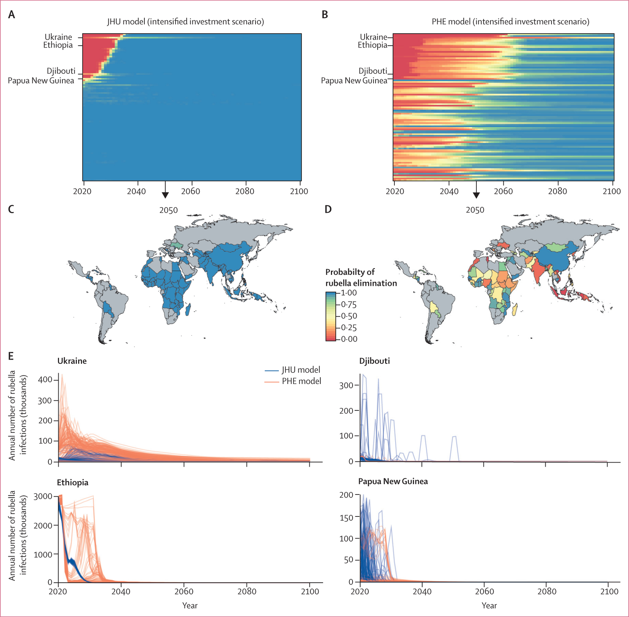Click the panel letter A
[x=11, y=15]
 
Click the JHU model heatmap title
[x=185, y=22]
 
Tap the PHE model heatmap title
[x=510, y=22]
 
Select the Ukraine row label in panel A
[x=58, y=37]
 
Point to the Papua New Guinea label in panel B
[x=354, y=81]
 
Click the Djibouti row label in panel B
[x=372, y=71]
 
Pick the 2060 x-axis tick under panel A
[x=191, y=191]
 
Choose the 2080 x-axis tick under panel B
[x=558, y=191]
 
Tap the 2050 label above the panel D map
[x=475, y=210]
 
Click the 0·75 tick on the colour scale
[x=349, y=304]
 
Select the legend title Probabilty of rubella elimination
[x=361, y=278]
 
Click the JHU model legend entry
[x=300, y=370]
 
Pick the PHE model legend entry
[x=301, y=381]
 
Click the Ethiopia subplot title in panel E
[x=72, y=482]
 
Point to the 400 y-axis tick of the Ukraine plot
[x=45, y=379]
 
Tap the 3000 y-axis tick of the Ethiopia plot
[x=43, y=496]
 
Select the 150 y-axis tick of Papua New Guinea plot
[x=346, y=518]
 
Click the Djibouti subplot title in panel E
[x=374, y=361]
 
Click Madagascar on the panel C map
[x=188, y=310]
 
